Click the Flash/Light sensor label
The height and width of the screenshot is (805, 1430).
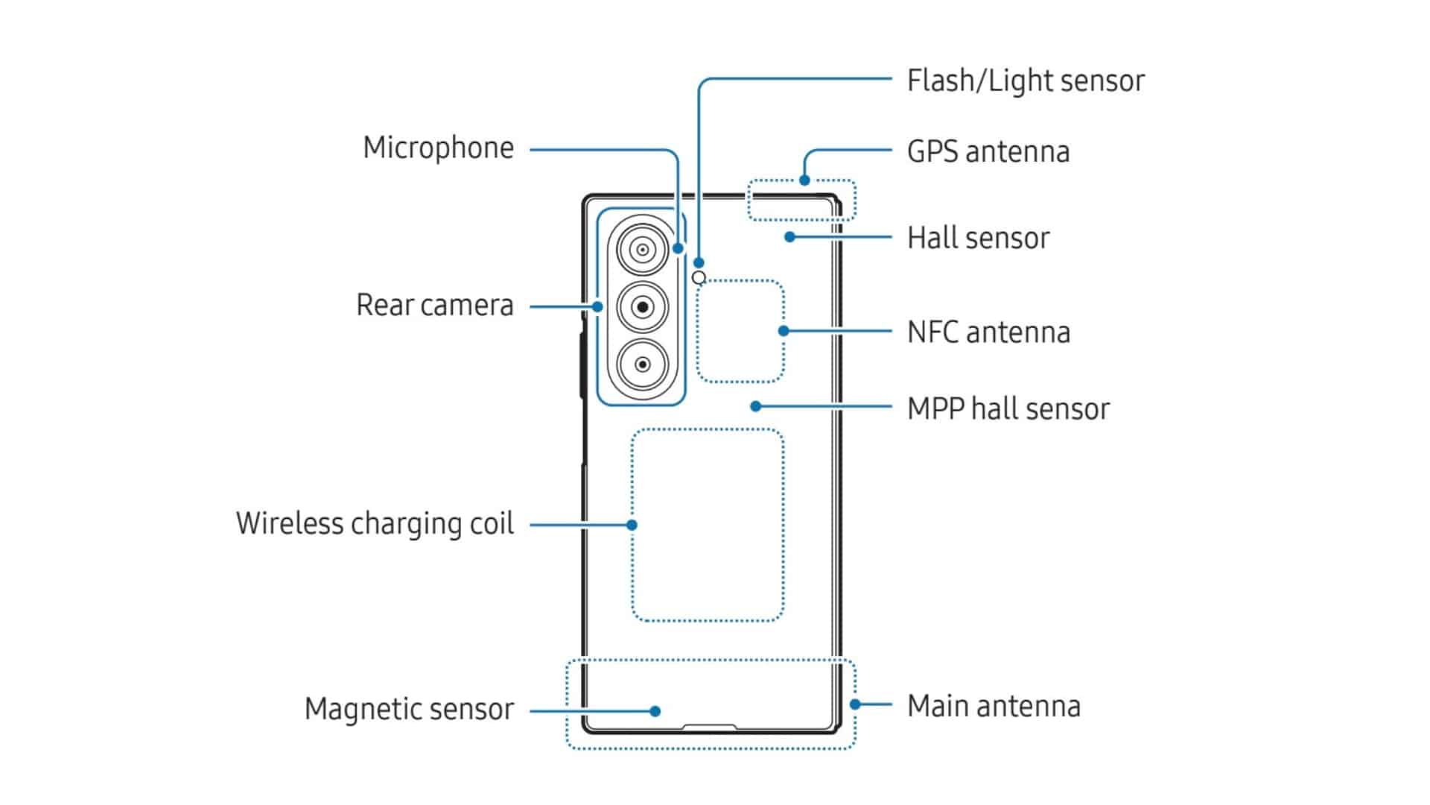point(1025,80)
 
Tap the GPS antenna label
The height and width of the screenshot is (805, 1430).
point(988,151)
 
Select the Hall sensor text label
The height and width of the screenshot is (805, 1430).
point(978,238)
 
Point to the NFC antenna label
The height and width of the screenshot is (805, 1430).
point(988,332)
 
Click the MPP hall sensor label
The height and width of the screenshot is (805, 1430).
point(1008,408)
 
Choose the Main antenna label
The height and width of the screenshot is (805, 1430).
point(994,705)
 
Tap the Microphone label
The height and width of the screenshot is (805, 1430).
point(438,148)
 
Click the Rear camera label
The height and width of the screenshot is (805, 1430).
point(435,305)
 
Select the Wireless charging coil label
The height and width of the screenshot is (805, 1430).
point(375,523)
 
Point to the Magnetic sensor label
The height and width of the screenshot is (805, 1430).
point(409,709)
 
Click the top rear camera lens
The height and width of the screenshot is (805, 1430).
point(642,250)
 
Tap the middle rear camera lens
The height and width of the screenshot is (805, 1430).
point(642,307)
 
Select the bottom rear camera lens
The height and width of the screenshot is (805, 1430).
point(642,364)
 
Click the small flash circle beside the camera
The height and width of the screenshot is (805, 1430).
point(699,278)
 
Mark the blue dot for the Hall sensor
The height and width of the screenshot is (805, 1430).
point(789,237)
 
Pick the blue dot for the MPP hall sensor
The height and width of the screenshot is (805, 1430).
point(756,406)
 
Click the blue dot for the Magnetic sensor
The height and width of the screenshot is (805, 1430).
point(655,711)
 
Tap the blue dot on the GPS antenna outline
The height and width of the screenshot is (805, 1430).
point(804,180)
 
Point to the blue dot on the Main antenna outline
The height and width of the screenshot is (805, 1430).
point(855,704)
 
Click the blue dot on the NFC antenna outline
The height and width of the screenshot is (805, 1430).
point(783,331)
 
